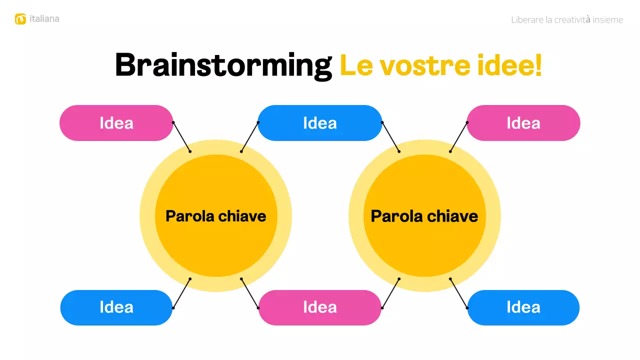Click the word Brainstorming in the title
pyautogui.click(x=223, y=65)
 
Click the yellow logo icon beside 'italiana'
pyautogui.click(x=20, y=19)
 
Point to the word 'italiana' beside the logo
pyautogui.click(x=44, y=19)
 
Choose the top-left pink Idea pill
pyautogui.click(x=116, y=123)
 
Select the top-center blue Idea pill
pyautogui.click(x=320, y=123)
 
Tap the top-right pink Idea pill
pyautogui.click(x=523, y=123)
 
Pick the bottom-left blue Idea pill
pyautogui.click(x=116, y=307)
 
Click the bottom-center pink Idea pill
pyautogui.click(x=320, y=307)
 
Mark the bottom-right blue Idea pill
pyautogui.click(x=523, y=307)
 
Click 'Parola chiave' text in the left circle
pyautogui.click(x=215, y=216)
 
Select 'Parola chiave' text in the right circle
pyautogui.click(x=424, y=216)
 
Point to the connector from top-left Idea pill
pyautogui.click(x=181, y=137)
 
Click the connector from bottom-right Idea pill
pyautogui.click(x=458, y=293)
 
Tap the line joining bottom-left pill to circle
pyautogui.click(x=181, y=293)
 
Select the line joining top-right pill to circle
pyautogui.click(x=458, y=137)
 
